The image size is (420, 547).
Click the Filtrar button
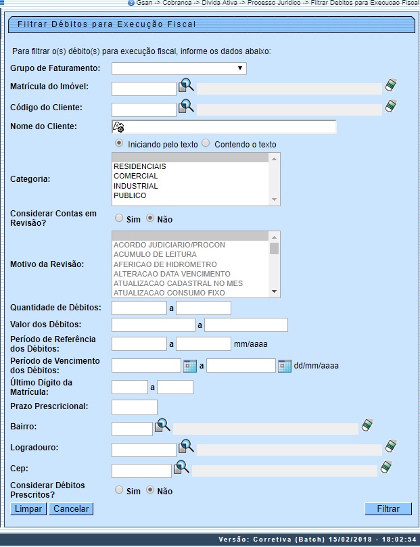(x=388, y=508)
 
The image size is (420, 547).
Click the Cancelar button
(x=71, y=508)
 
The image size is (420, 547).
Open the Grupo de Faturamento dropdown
(x=179, y=68)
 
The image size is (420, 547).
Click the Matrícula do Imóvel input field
(x=143, y=89)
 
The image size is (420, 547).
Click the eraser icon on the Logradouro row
(x=390, y=447)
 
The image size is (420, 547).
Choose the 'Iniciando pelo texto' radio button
(x=119, y=143)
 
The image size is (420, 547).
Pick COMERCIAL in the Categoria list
(x=135, y=176)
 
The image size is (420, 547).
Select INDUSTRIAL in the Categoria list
(x=135, y=186)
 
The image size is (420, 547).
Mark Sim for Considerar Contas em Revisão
(x=119, y=218)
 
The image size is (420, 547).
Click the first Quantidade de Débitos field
(x=139, y=308)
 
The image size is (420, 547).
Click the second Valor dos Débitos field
(x=246, y=325)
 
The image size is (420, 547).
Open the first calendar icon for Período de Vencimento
(x=190, y=366)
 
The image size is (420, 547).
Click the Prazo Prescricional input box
(x=134, y=407)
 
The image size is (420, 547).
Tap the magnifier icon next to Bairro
(x=163, y=426)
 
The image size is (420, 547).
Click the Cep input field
(x=141, y=471)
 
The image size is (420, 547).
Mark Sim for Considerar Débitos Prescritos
(x=119, y=491)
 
